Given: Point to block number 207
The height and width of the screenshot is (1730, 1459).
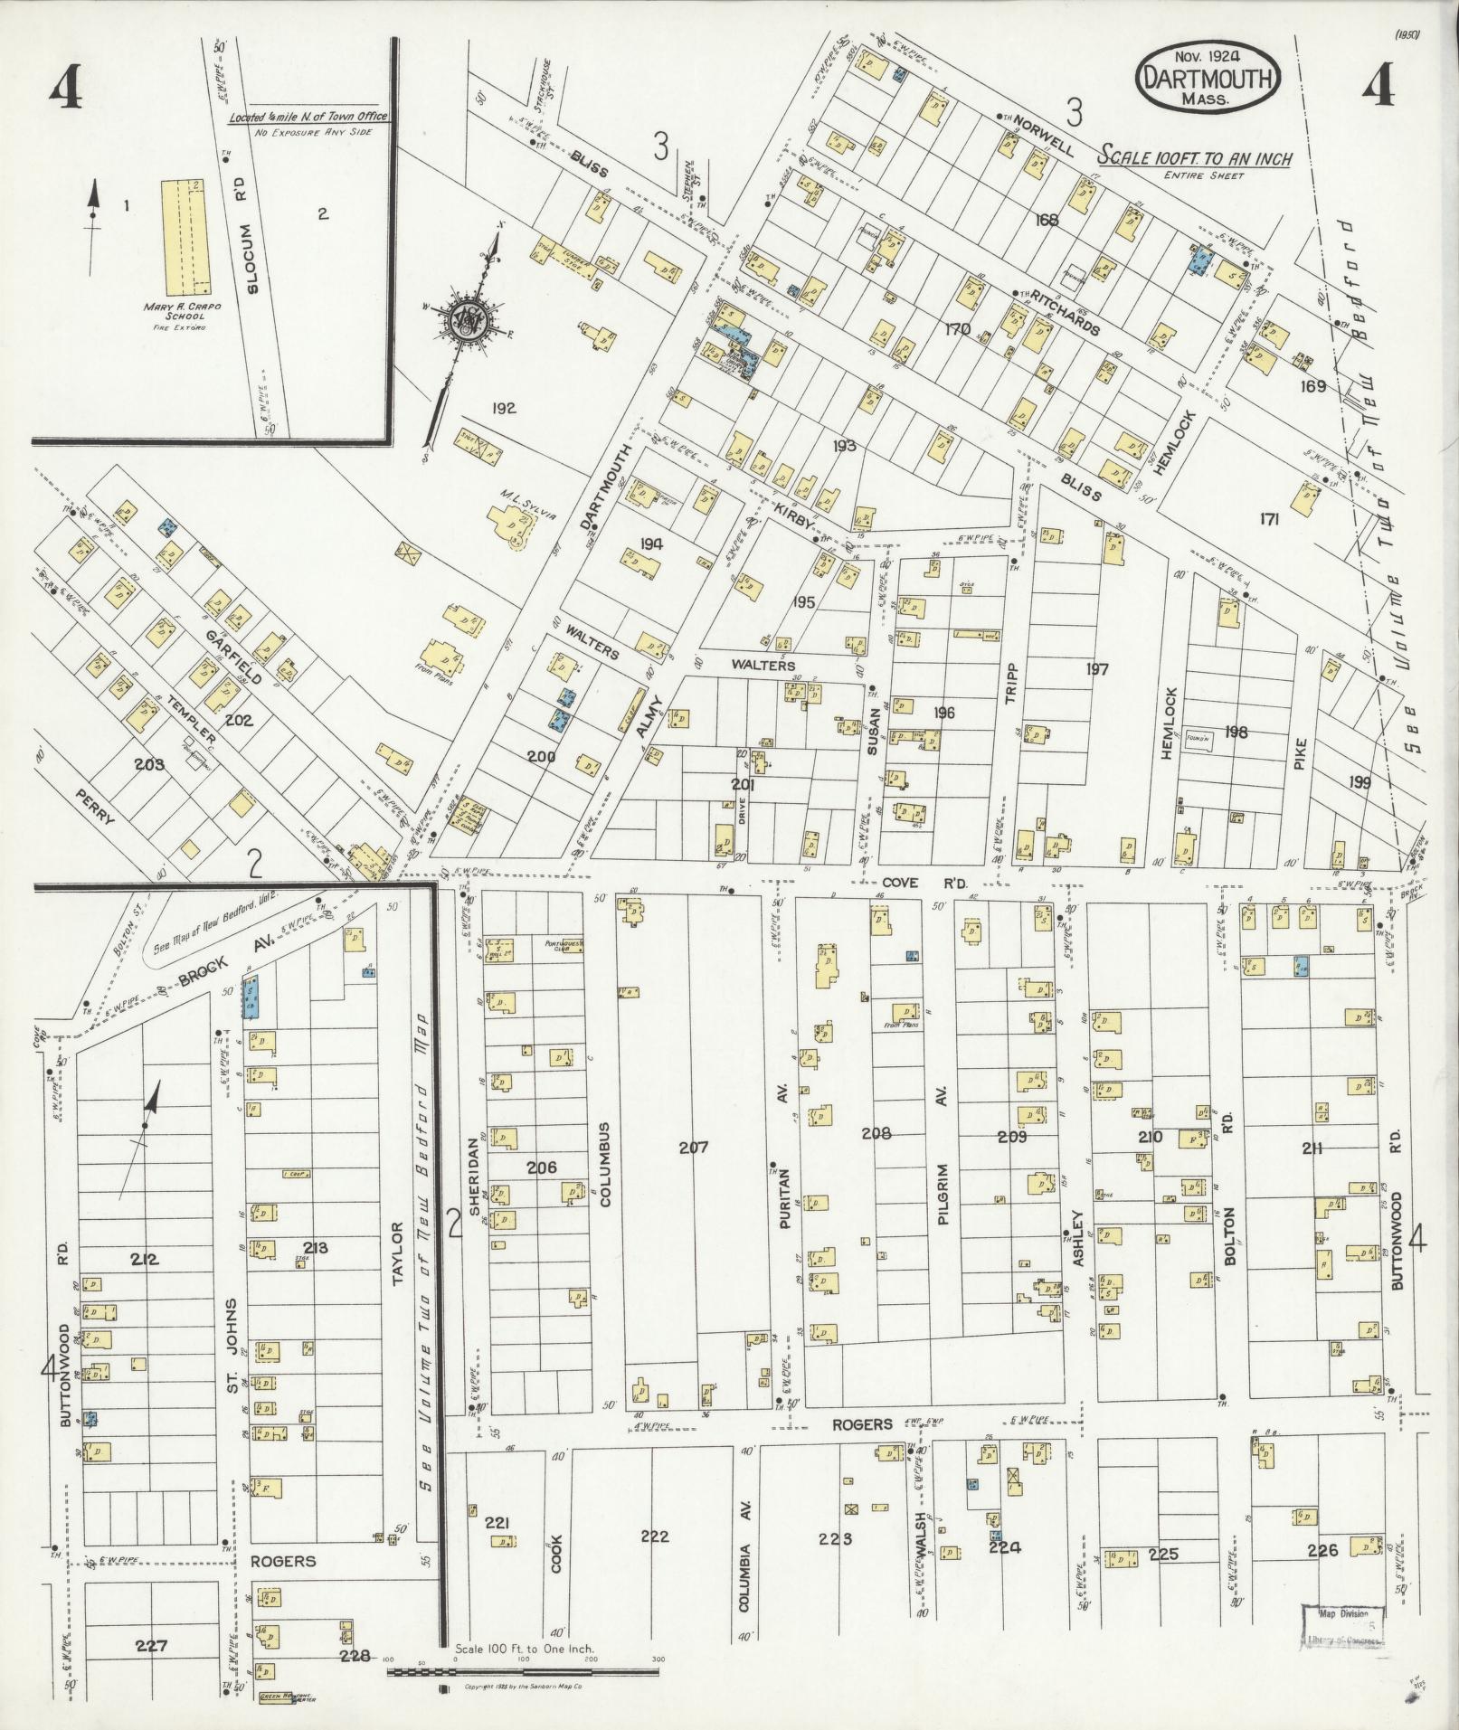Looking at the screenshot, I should pos(694,1148).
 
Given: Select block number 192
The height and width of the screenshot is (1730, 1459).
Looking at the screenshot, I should pos(504,408).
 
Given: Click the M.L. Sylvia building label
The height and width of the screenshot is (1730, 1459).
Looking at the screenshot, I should pos(527,496).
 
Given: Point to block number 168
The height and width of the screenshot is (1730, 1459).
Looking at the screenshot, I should pos(1047,219).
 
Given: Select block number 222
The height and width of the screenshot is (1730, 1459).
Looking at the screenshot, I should pos(654,1536).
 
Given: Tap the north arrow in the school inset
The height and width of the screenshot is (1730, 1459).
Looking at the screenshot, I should pos(91,226).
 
